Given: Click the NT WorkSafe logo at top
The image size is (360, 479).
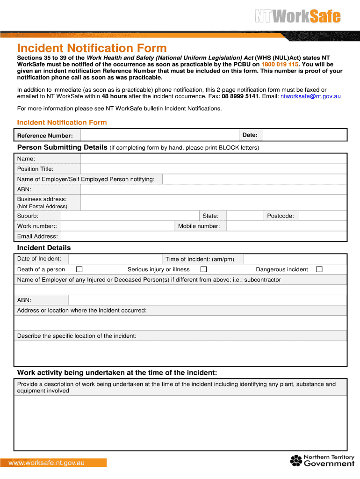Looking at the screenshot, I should click(297, 17).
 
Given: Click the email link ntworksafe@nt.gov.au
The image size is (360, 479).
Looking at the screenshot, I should click(310, 96).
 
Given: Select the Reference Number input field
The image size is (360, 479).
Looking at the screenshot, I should click(159, 135).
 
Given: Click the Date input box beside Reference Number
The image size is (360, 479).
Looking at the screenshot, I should click(304, 135).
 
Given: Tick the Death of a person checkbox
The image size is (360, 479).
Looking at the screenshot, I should click(79, 269).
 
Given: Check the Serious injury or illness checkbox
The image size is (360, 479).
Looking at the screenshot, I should click(203, 269).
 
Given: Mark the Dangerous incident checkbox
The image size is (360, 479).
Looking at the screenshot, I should click(319, 269).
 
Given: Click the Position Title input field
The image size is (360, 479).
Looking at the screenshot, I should click(213, 169).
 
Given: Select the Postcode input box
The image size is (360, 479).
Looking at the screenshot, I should click(322, 216).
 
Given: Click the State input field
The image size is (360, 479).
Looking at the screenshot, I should click(244, 216).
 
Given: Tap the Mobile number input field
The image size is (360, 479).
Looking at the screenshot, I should click(286, 226).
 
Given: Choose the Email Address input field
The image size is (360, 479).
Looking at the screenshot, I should click(204, 236).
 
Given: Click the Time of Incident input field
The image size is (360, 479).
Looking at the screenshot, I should click(295, 259).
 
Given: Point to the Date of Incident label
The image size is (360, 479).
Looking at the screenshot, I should click(39, 259).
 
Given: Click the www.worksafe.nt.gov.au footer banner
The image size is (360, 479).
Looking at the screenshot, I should click(53, 463).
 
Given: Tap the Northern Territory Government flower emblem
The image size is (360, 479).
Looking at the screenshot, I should click(296, 460).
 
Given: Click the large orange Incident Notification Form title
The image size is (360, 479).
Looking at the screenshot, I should click(92, 48).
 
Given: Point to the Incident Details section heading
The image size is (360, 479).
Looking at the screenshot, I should click(44, 248).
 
